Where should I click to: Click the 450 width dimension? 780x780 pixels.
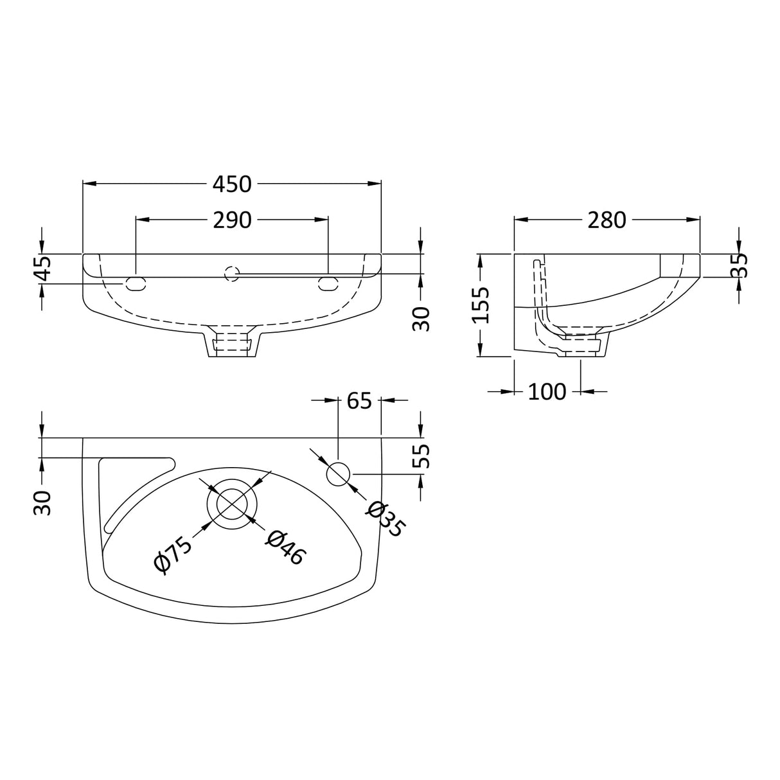[x=232, y=184]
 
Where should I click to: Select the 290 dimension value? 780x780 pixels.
[x=232, y=220]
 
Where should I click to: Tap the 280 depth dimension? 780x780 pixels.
[x=607, y=220]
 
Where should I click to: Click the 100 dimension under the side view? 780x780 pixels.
[x=547, y=391]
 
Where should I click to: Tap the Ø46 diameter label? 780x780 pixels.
[x=285, y=547]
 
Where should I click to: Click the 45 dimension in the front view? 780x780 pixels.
[x=42, y=269]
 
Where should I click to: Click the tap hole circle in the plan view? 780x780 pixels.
[x=339, y=474]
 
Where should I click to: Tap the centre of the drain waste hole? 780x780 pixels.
[x=233, y=502]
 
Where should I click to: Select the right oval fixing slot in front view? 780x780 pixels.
[x=328, y=283]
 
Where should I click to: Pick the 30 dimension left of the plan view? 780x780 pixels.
[x=42, y=502]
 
